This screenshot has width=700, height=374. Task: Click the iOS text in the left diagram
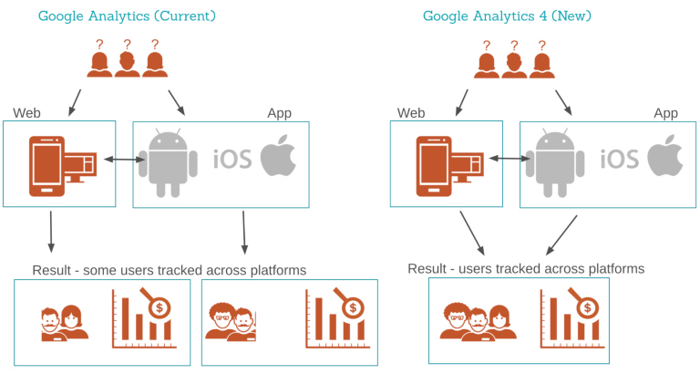coord(232,159)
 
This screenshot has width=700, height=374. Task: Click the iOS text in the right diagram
coord(619,159)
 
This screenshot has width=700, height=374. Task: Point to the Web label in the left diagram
coord(26,113)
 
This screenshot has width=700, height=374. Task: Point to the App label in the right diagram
coord(665,113)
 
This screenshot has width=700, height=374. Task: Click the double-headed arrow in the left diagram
coord(126,161)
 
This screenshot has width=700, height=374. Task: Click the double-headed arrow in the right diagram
coord(513,160)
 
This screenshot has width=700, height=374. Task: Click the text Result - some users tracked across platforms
coord(169,270)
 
